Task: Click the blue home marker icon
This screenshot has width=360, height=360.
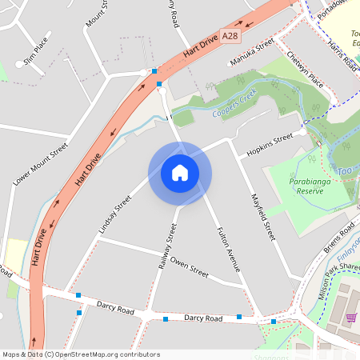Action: (x=180, y=173)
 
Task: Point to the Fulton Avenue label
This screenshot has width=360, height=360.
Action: (x=229, y=250)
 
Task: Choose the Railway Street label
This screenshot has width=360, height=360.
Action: (x=166, y=249)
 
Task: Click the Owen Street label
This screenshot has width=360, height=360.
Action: (x=190, y=268)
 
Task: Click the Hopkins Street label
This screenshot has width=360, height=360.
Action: (x=270, y=145)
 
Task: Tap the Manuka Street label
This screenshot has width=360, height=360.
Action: (x=252, y=52)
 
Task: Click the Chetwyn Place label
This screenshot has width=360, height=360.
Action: (x=305, y=70)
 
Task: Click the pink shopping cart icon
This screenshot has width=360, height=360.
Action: (x=350, y=318)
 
